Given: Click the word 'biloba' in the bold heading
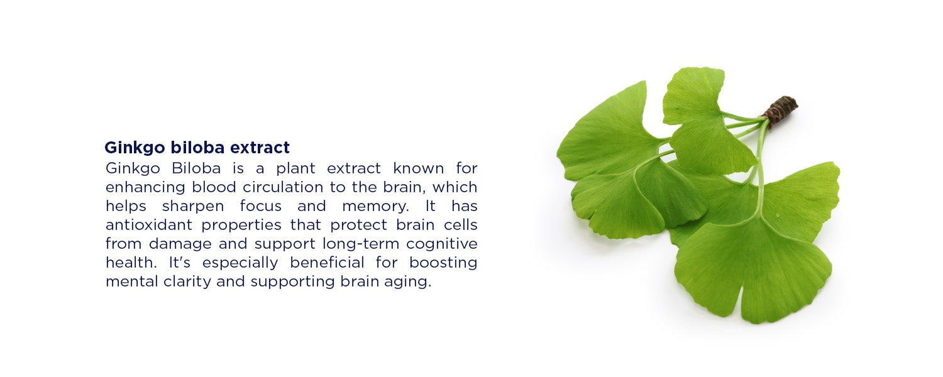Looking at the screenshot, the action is (x=197, y=147).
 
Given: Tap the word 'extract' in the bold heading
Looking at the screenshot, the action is (x=260, y=148).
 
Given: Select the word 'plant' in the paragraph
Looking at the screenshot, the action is (x=295, y=169).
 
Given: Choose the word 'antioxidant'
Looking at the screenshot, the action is (x=149, y=225).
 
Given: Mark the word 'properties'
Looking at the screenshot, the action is (x=241, y=226).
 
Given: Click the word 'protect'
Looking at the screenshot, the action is (x=358, y=226).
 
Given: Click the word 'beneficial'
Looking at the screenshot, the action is (x=327, y=263).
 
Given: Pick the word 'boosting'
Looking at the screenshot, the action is (x=443, y=263).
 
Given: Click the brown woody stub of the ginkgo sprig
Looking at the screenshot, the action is (x=781, y=109).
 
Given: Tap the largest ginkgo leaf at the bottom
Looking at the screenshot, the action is (x=754, y=270).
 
